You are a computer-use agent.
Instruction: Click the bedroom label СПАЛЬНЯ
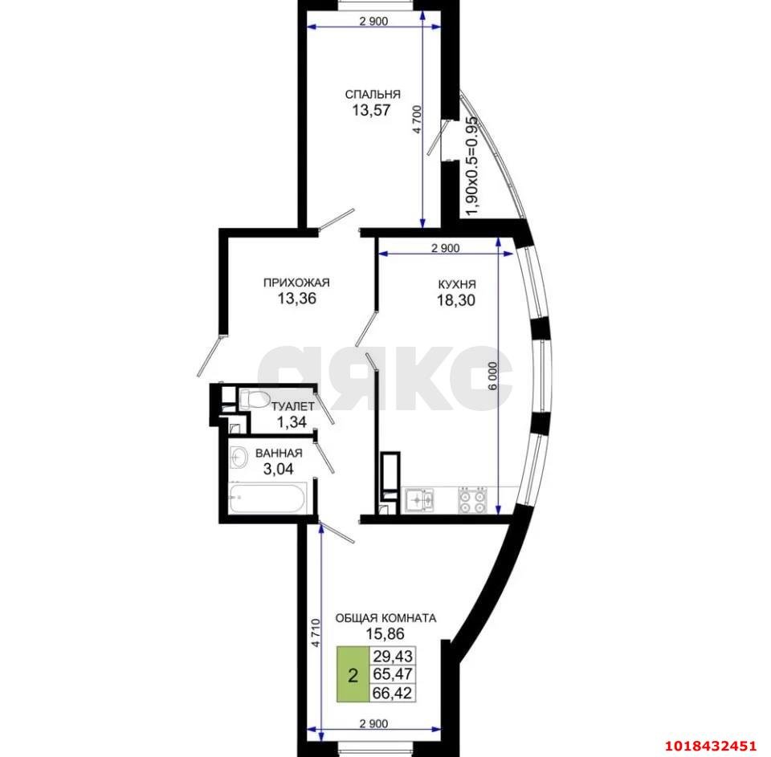(x=372, y=94)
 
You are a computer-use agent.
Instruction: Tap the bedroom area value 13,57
(x=371, y=110)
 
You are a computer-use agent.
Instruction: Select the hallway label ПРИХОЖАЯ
(x=296, y=283)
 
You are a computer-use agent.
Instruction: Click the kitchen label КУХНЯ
(x=457, y=284)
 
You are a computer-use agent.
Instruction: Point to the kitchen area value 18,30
(x=456, y=300)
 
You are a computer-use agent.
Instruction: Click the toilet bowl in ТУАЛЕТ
(x=253, y=399)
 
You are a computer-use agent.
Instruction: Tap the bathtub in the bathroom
(x=267, y=498)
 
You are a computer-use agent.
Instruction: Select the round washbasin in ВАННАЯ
(x=239, y=458)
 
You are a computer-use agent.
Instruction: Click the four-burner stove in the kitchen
(x=472, y=500)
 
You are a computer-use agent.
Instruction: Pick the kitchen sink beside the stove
(x=419, y=500)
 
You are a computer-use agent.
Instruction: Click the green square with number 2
(x=353, y=674)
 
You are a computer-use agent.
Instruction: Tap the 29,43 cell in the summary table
(x=393, y=655)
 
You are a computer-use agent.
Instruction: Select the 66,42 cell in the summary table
(x=393, y=693)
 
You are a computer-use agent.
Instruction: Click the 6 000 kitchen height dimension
(x=492, y=376)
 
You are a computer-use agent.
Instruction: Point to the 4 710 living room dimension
(x=315, y=633)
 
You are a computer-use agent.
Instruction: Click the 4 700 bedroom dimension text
(x=417, y=120)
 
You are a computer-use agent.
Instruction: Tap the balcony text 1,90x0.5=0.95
(x=471, y=165)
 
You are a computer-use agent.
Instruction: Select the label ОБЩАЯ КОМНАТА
(x=385, y=618)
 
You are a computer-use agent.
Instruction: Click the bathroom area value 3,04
(x=279, y=469)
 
